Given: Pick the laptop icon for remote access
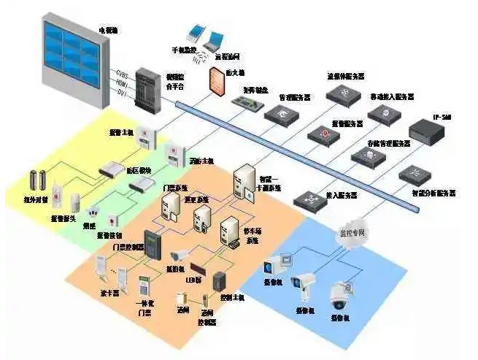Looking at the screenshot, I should (217, 39).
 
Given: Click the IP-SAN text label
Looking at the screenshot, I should (442, 117).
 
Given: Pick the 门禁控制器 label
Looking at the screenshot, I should (124, 247).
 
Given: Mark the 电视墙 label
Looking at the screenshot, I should (108, 31).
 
